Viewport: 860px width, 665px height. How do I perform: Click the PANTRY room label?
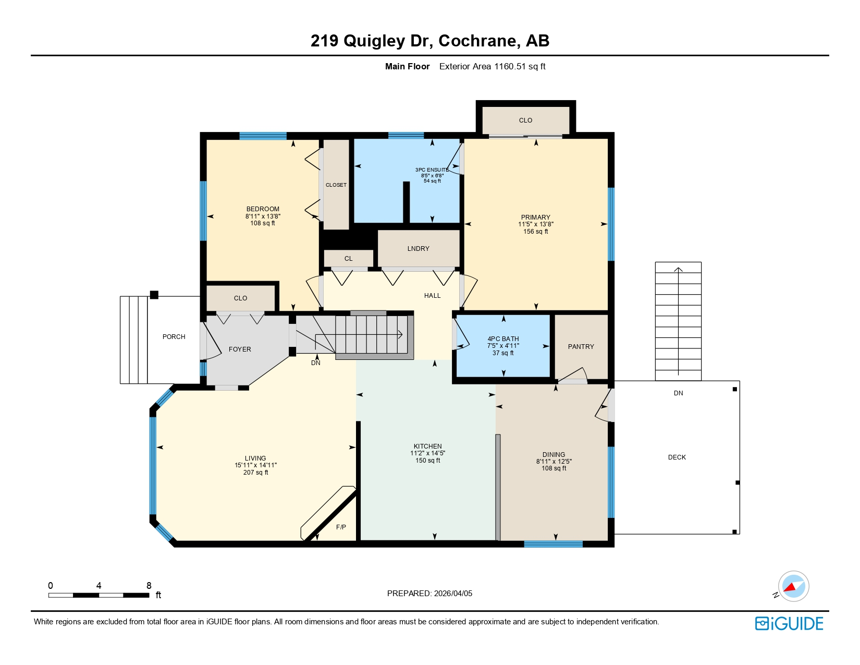pyautogui.click(x=581, y=347)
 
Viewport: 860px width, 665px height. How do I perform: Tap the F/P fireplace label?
pyautogui.click(x=341, y=527)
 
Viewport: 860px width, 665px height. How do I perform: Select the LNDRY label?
pyautogui.click(x=418, y=249)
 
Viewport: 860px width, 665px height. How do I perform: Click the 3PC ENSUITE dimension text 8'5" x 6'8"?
pyautogui.click(x=432, y=176)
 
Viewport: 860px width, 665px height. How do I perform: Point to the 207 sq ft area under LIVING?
pyautogui.click(x=255, y=473)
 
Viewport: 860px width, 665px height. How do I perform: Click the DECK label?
pyautogui.click(x=677, y=457)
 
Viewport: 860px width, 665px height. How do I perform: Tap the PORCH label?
pyautogui.click(x=174, y=337)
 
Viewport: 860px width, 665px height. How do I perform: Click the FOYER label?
pyautogui.click(x=240, y=349)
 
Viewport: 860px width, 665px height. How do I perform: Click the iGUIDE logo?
pyautogui.click(x=789, y=623)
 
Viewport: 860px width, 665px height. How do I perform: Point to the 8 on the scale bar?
pyautogui.click(x=149, y=586)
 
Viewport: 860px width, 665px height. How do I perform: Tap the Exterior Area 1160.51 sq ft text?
pyautogui.click(x=492, y=67)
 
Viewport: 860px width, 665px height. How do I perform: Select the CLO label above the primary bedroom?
pyautogui.click(x=525, y=120)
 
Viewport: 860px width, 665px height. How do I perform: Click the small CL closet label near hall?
pyautogui.click(x=348, y=259)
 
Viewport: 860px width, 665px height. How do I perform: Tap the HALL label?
pyautogui.click(x=432, y=296)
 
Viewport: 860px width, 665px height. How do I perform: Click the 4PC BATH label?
pyautogui.click(x=503, y=339)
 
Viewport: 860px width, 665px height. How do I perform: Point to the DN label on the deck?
pyautogui.click(x=678, y=393)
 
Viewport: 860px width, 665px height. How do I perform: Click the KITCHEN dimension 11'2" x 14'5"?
pyautogui.click(x=427, y=453)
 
